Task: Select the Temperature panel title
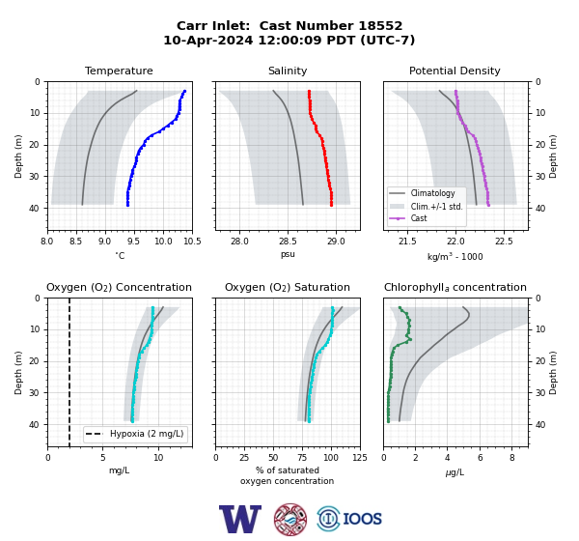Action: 119,71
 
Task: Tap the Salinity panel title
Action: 288,71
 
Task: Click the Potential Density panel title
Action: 455,71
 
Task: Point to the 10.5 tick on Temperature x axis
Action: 192,242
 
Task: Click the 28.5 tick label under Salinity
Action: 288,242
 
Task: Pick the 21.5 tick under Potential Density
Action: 407,242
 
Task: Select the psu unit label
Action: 288,254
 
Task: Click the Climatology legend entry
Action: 432,193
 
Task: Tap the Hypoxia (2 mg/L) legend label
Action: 147,434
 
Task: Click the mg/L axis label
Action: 119,470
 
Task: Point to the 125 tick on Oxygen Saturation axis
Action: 360,458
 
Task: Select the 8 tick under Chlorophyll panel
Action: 512,458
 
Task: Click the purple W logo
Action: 240,519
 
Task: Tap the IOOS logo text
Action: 362,519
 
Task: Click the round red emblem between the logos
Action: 290,519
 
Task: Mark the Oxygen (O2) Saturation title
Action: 288,287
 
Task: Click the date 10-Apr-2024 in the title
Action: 208,40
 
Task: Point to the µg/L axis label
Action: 455,472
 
